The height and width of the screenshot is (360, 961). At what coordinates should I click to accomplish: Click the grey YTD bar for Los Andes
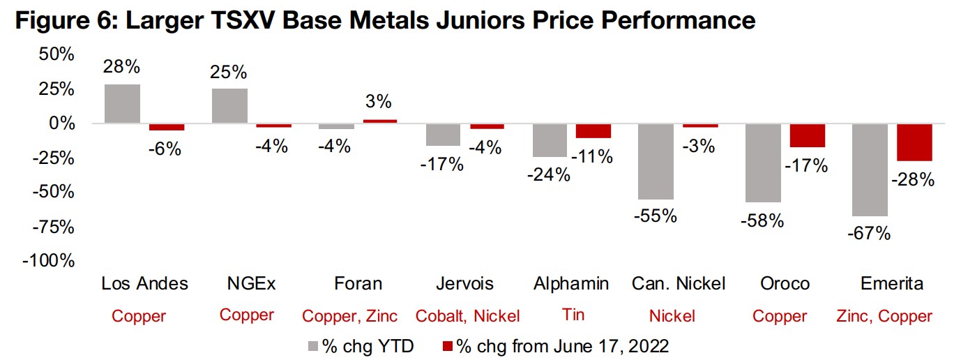pos(122,104)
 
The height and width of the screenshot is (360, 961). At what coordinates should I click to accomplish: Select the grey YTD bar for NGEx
pos(229,106)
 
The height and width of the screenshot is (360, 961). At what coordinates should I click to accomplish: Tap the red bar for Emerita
pos(914,142)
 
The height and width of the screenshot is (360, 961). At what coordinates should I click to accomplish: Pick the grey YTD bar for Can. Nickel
pos(657,161)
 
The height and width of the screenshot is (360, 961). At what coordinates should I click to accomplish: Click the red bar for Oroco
pos(808,135)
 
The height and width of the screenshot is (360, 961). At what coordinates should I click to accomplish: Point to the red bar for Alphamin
pos(593,130)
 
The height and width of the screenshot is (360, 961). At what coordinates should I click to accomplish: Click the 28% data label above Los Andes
pos(122,67)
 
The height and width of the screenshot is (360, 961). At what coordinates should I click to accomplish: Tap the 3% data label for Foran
pos(379,102)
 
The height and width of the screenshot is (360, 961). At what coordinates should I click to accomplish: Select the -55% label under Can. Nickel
pos(656,216)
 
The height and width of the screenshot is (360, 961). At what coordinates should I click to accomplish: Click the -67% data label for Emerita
pos(869,234)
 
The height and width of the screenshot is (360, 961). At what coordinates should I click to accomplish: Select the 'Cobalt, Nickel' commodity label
pos(467,316)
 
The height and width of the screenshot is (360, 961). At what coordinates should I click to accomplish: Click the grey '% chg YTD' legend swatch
pos(314,344)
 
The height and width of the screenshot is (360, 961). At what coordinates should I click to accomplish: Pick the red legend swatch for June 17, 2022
pos(448,344)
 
